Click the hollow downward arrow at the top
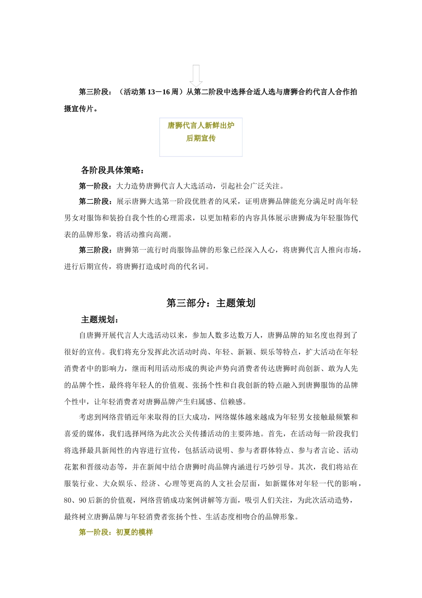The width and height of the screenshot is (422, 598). pyautogui.click(x=196, y=76)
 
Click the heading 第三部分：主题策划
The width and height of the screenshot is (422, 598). pyautogui.click(x=211, y=303)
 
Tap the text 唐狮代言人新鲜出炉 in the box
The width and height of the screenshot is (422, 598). pyautogui.click(x=201, y=125)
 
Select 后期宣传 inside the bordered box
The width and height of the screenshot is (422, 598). pyautogui.click(x=201, y=138)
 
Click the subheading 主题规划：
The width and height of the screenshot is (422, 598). pyautogui.click(x=100, y=320)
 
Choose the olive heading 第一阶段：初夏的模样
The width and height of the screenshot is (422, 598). pyautogui.click(x=116, y=532)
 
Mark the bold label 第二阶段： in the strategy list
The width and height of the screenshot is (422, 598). pyautogui.click(x=96, y=202)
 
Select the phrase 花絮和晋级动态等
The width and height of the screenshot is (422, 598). pyautogui.click(x=94, y=467)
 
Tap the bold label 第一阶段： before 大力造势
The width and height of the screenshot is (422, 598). pyautogui.click(x=96, y=186)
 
